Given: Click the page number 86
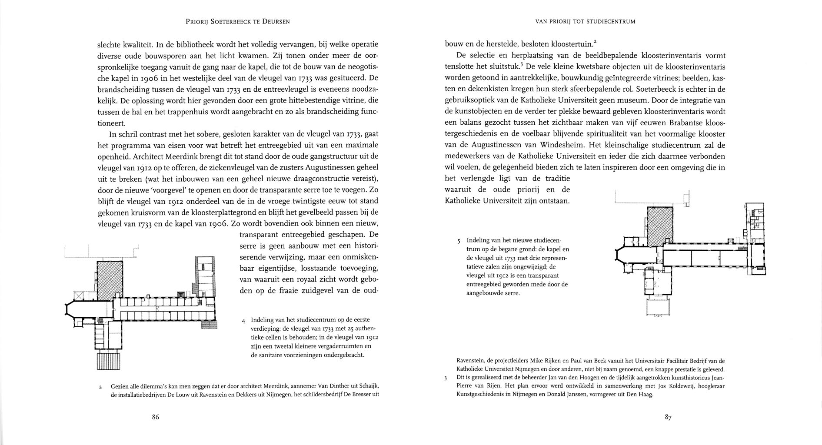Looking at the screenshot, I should point(155,417).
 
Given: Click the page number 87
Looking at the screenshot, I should point(668,418).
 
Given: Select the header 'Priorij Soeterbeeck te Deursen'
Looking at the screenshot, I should point(237,21).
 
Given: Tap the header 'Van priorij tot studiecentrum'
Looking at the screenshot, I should point(586,21).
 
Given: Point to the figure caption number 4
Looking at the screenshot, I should point(244,321).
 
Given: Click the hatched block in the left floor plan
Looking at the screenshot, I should point(110,280).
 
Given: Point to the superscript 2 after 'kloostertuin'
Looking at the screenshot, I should point(595,41).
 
